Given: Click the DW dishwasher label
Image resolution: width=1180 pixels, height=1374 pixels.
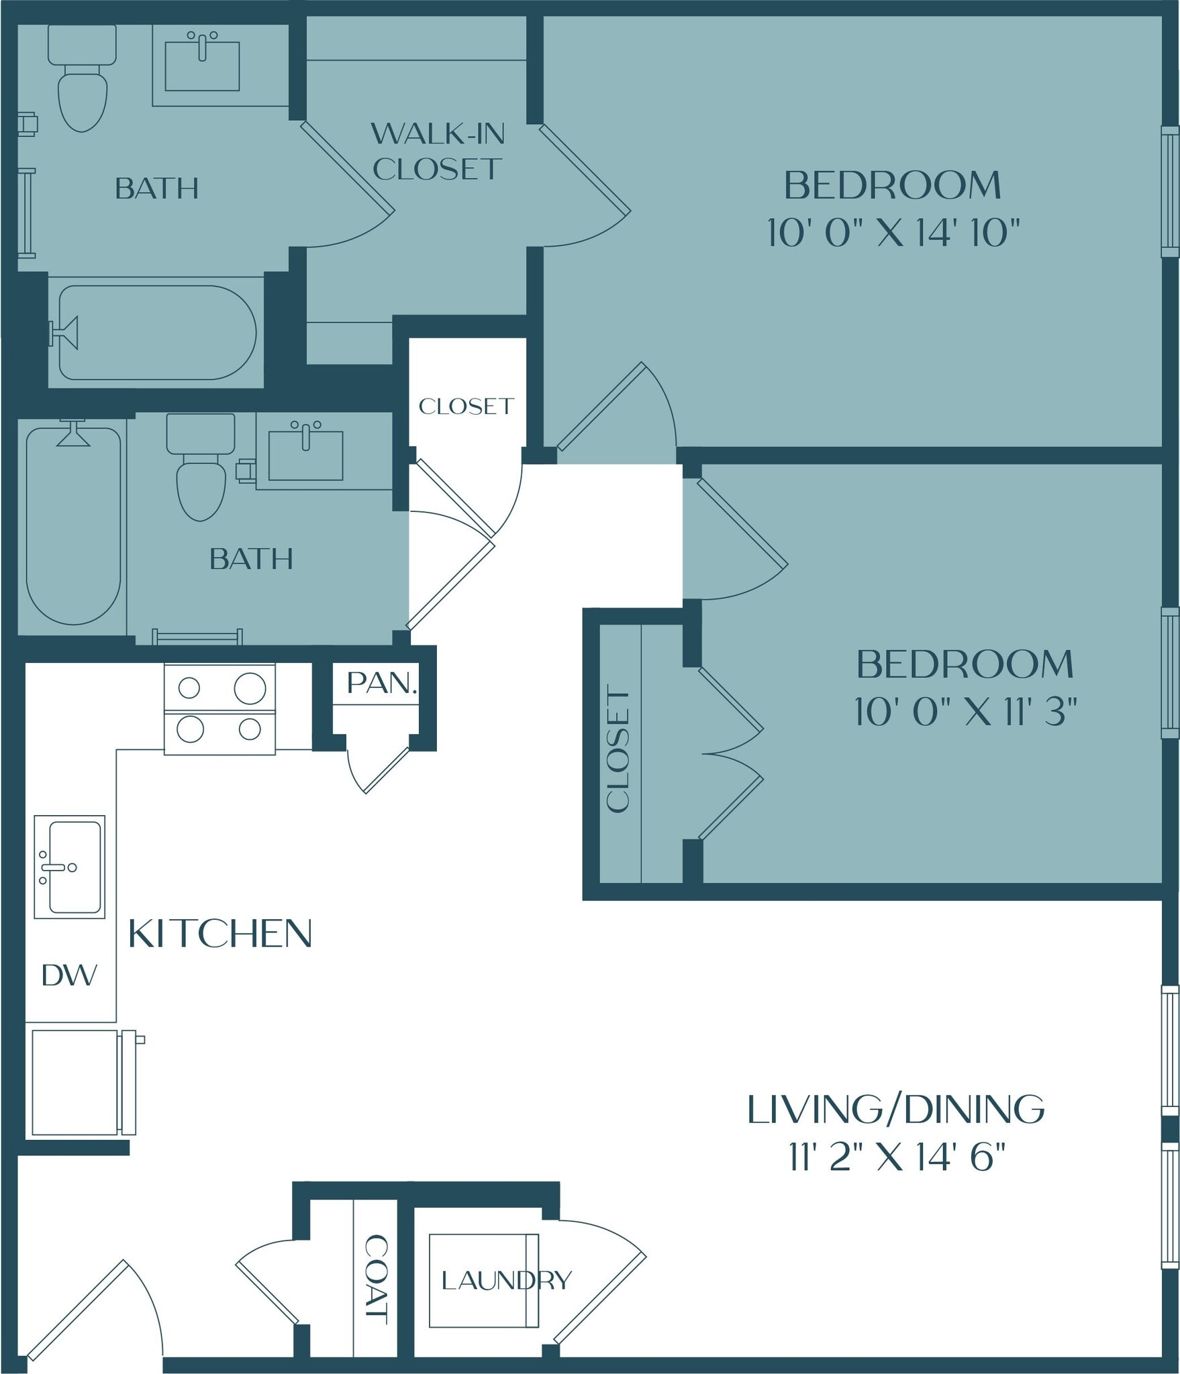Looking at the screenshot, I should click(x=69, y=975).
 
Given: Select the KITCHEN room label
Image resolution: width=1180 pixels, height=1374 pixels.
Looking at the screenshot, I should click(x=220, y=933).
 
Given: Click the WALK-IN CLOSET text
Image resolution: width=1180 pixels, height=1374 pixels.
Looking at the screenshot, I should click(x=438, y=152).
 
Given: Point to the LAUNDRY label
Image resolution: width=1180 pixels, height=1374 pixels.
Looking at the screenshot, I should click(x=506, y=1280).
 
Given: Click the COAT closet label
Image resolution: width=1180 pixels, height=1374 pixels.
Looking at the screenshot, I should click(x=376, y=1279).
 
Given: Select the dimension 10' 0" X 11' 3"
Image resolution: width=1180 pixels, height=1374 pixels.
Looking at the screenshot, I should click(x=965, y=711).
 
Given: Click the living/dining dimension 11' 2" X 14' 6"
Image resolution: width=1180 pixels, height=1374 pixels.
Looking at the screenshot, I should click(x=896, y=1157).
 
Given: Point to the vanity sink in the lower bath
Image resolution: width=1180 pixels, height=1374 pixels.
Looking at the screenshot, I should click(x=305, y=454).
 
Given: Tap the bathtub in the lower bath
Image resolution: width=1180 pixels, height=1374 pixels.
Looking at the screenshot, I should click(x=73, y=527).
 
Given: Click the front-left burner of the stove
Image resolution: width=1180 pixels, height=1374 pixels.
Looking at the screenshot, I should click(x=190, y=729).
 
